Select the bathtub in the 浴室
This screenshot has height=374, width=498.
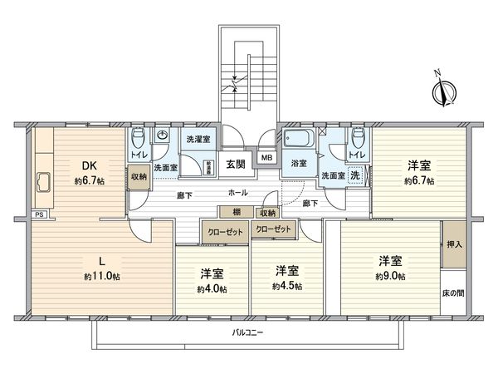click(x=297, y=138)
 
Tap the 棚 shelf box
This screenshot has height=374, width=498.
click(x=237, y=213)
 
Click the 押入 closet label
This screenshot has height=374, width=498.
click(x=453, y=244)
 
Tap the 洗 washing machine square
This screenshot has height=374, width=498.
click(x=354, y=175)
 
